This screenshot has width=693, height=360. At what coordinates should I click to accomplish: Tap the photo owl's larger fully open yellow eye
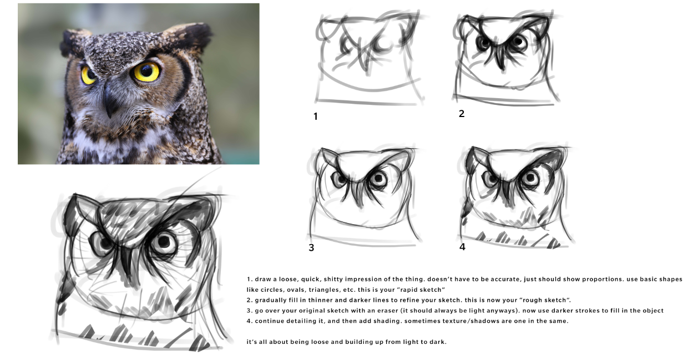click(146, 72)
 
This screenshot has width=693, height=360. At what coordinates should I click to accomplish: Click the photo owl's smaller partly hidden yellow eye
click(88, 75)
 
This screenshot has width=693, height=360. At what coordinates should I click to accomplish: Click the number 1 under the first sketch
click(316, 116)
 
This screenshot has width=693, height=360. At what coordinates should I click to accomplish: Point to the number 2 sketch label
click(462, 114)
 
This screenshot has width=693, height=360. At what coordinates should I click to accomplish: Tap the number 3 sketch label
click(311, 248)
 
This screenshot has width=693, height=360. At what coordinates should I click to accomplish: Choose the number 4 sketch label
click(462, 247)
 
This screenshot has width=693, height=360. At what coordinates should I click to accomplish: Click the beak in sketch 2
click(500, 59)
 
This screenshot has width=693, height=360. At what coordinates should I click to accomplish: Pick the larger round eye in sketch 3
click(378, 179)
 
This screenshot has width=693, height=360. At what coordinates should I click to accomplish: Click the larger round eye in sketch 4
click(530, 178)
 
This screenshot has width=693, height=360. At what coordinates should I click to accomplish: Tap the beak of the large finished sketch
click(127, 263)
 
